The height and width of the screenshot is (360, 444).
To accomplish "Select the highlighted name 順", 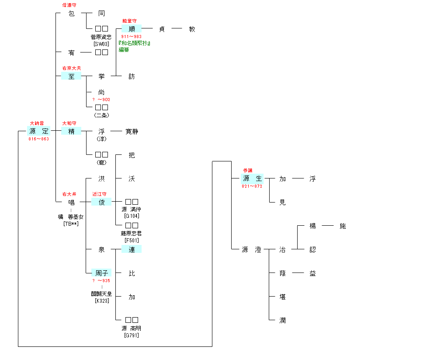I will click(132, 29).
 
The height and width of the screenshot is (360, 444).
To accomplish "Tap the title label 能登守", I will click(129, 21).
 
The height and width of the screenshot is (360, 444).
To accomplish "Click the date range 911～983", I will click(131, 37).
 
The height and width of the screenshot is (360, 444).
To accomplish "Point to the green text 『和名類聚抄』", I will click(135, 43).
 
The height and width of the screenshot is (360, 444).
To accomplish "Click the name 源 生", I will click(252, 178).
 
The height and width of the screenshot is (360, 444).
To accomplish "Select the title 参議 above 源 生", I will click(248, 170).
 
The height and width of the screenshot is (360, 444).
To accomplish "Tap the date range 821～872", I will click(252, 186).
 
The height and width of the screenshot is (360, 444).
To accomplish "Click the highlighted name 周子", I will click(101, 273).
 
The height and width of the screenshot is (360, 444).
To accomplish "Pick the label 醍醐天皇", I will click(101, 294).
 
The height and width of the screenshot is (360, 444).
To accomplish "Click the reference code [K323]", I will click(101, 301).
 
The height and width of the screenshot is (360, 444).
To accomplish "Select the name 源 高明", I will click(132, 329).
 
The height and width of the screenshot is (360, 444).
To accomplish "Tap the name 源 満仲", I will click(132, 210).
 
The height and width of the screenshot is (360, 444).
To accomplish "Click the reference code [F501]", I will click(132, 240).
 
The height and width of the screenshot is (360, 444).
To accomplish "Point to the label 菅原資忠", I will click(101, 37).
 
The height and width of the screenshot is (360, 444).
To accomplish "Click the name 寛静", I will click(132, 131).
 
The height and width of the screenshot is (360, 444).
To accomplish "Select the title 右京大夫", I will click(71, 68).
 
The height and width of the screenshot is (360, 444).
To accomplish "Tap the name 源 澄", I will click(252, 250).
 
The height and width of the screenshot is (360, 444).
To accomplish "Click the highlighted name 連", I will click(132, 249).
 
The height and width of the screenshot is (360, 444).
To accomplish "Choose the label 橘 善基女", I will click(71, 217).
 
